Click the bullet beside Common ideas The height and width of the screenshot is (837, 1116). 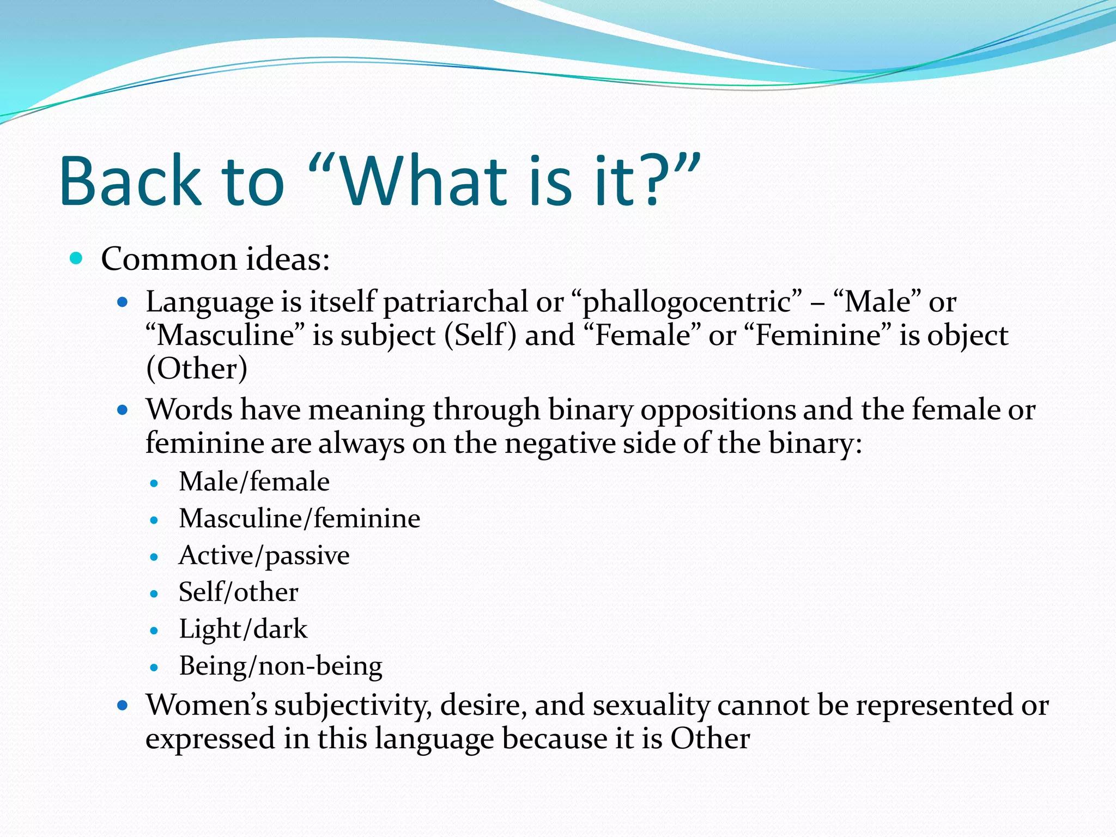(76, 258)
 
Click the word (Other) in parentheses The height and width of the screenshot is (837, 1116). (197, 369)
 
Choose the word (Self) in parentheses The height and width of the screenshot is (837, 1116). (480, 335)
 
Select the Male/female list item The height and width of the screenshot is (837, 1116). (254, 482)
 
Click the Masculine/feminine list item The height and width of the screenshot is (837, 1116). (299, 518)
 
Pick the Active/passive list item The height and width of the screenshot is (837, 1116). (264, 556)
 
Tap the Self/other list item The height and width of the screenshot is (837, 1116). (238, 592)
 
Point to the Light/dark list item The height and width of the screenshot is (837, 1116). (243, 629)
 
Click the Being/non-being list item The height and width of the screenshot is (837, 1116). (281, 666)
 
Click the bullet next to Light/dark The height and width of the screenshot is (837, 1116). (154, 631)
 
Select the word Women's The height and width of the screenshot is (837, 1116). (207, 705)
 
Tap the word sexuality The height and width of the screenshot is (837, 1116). (651, 705)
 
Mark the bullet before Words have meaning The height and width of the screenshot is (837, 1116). (123, 410)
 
